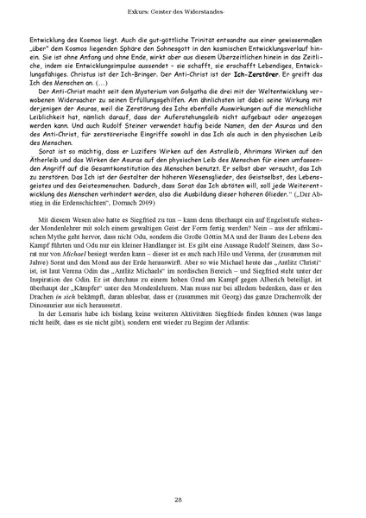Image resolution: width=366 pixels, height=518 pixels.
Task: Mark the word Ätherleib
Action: pyautogui.click(x=41, y=181)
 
